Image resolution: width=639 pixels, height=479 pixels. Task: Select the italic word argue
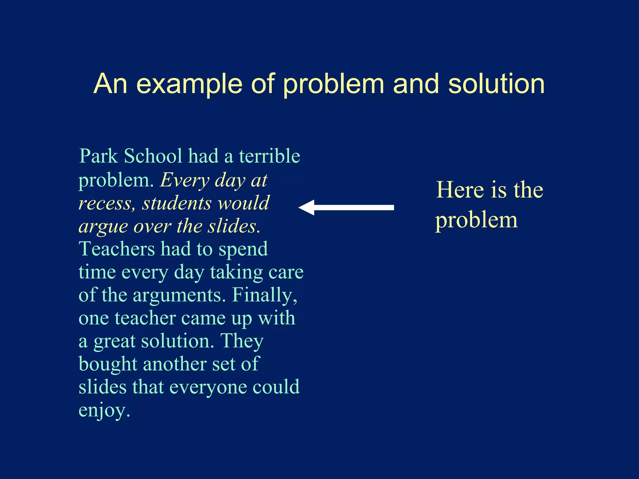coord(103,227)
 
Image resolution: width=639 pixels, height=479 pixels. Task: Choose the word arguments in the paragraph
coord(179,295)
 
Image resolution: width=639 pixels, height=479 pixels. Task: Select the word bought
coord(108,364)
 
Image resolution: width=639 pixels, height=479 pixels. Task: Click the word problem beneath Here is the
coord(476,220)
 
